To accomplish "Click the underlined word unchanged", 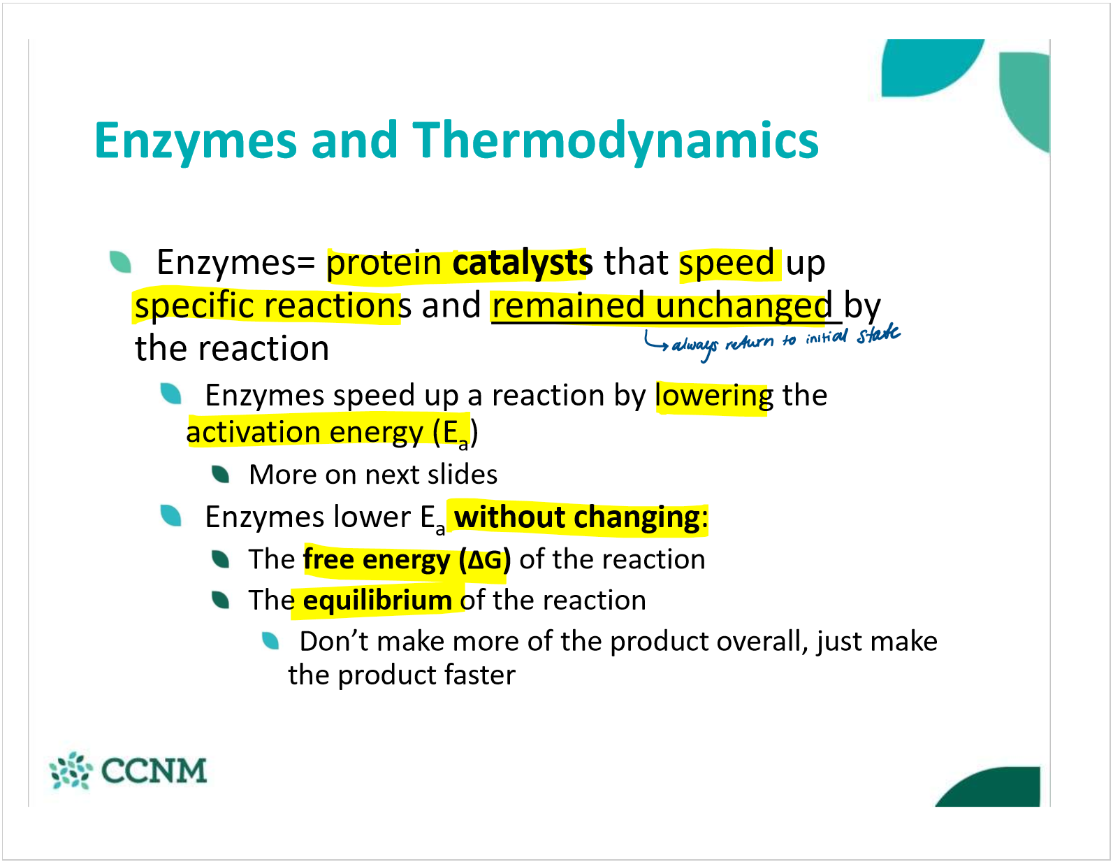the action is pyautogui.click(x=743, y=306).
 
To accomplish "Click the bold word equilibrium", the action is pyautogui.click(x=377, y=600).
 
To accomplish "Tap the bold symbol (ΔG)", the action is pyautogui.click(x=485, y=559).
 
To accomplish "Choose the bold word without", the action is pyautogui.click(x=509, y=517).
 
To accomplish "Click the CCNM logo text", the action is pyautogui.click(x=154, y=770).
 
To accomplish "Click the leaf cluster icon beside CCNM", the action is pyautogui.click(x=71, y=770).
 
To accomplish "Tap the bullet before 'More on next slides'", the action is pyautogui.click(x=220, y=474).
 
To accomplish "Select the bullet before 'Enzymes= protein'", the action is pyautogui.click(x=120, y=262).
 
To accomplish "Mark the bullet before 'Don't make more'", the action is pyautogui.click(x=270, y=641).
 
